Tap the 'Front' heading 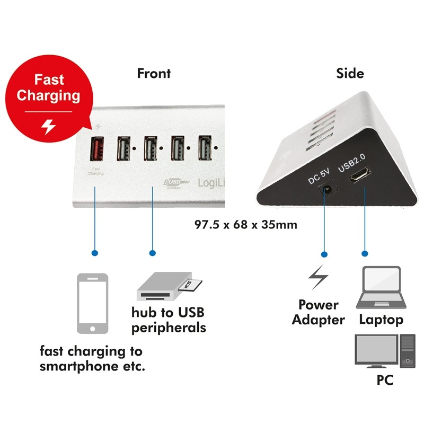click(x=154, y=73)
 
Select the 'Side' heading click(x=350, y=73)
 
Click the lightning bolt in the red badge click(x=48, y=127)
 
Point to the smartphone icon click(x=93, y=304)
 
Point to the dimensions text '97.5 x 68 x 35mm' click(x=246, y=225)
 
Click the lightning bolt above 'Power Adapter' click(x=318, y=278)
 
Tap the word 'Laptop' click(x=381, y=319)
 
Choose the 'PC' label click(x=385, y=380)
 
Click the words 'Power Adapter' click(x=318, y=312)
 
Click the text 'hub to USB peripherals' click(x=169, y=320)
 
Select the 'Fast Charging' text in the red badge click(x=49, y=88)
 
